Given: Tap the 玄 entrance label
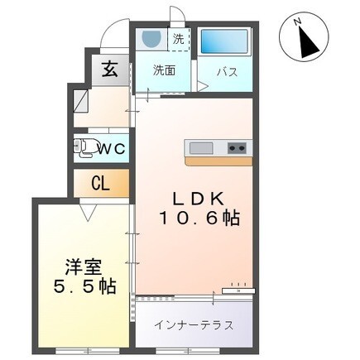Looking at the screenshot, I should pos(108,70).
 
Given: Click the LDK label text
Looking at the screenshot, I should pos(199,199).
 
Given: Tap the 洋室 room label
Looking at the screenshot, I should pos(83,267).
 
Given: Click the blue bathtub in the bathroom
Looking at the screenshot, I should pos(224,41).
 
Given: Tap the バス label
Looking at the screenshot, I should pos(228,71).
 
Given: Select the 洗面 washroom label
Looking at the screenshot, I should pos(163,71).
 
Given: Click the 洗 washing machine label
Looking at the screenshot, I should pos(178,38).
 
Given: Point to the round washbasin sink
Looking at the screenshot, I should pos(151,39).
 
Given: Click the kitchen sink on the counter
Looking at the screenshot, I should pos(201,148).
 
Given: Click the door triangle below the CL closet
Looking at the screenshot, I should pos(86,213).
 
